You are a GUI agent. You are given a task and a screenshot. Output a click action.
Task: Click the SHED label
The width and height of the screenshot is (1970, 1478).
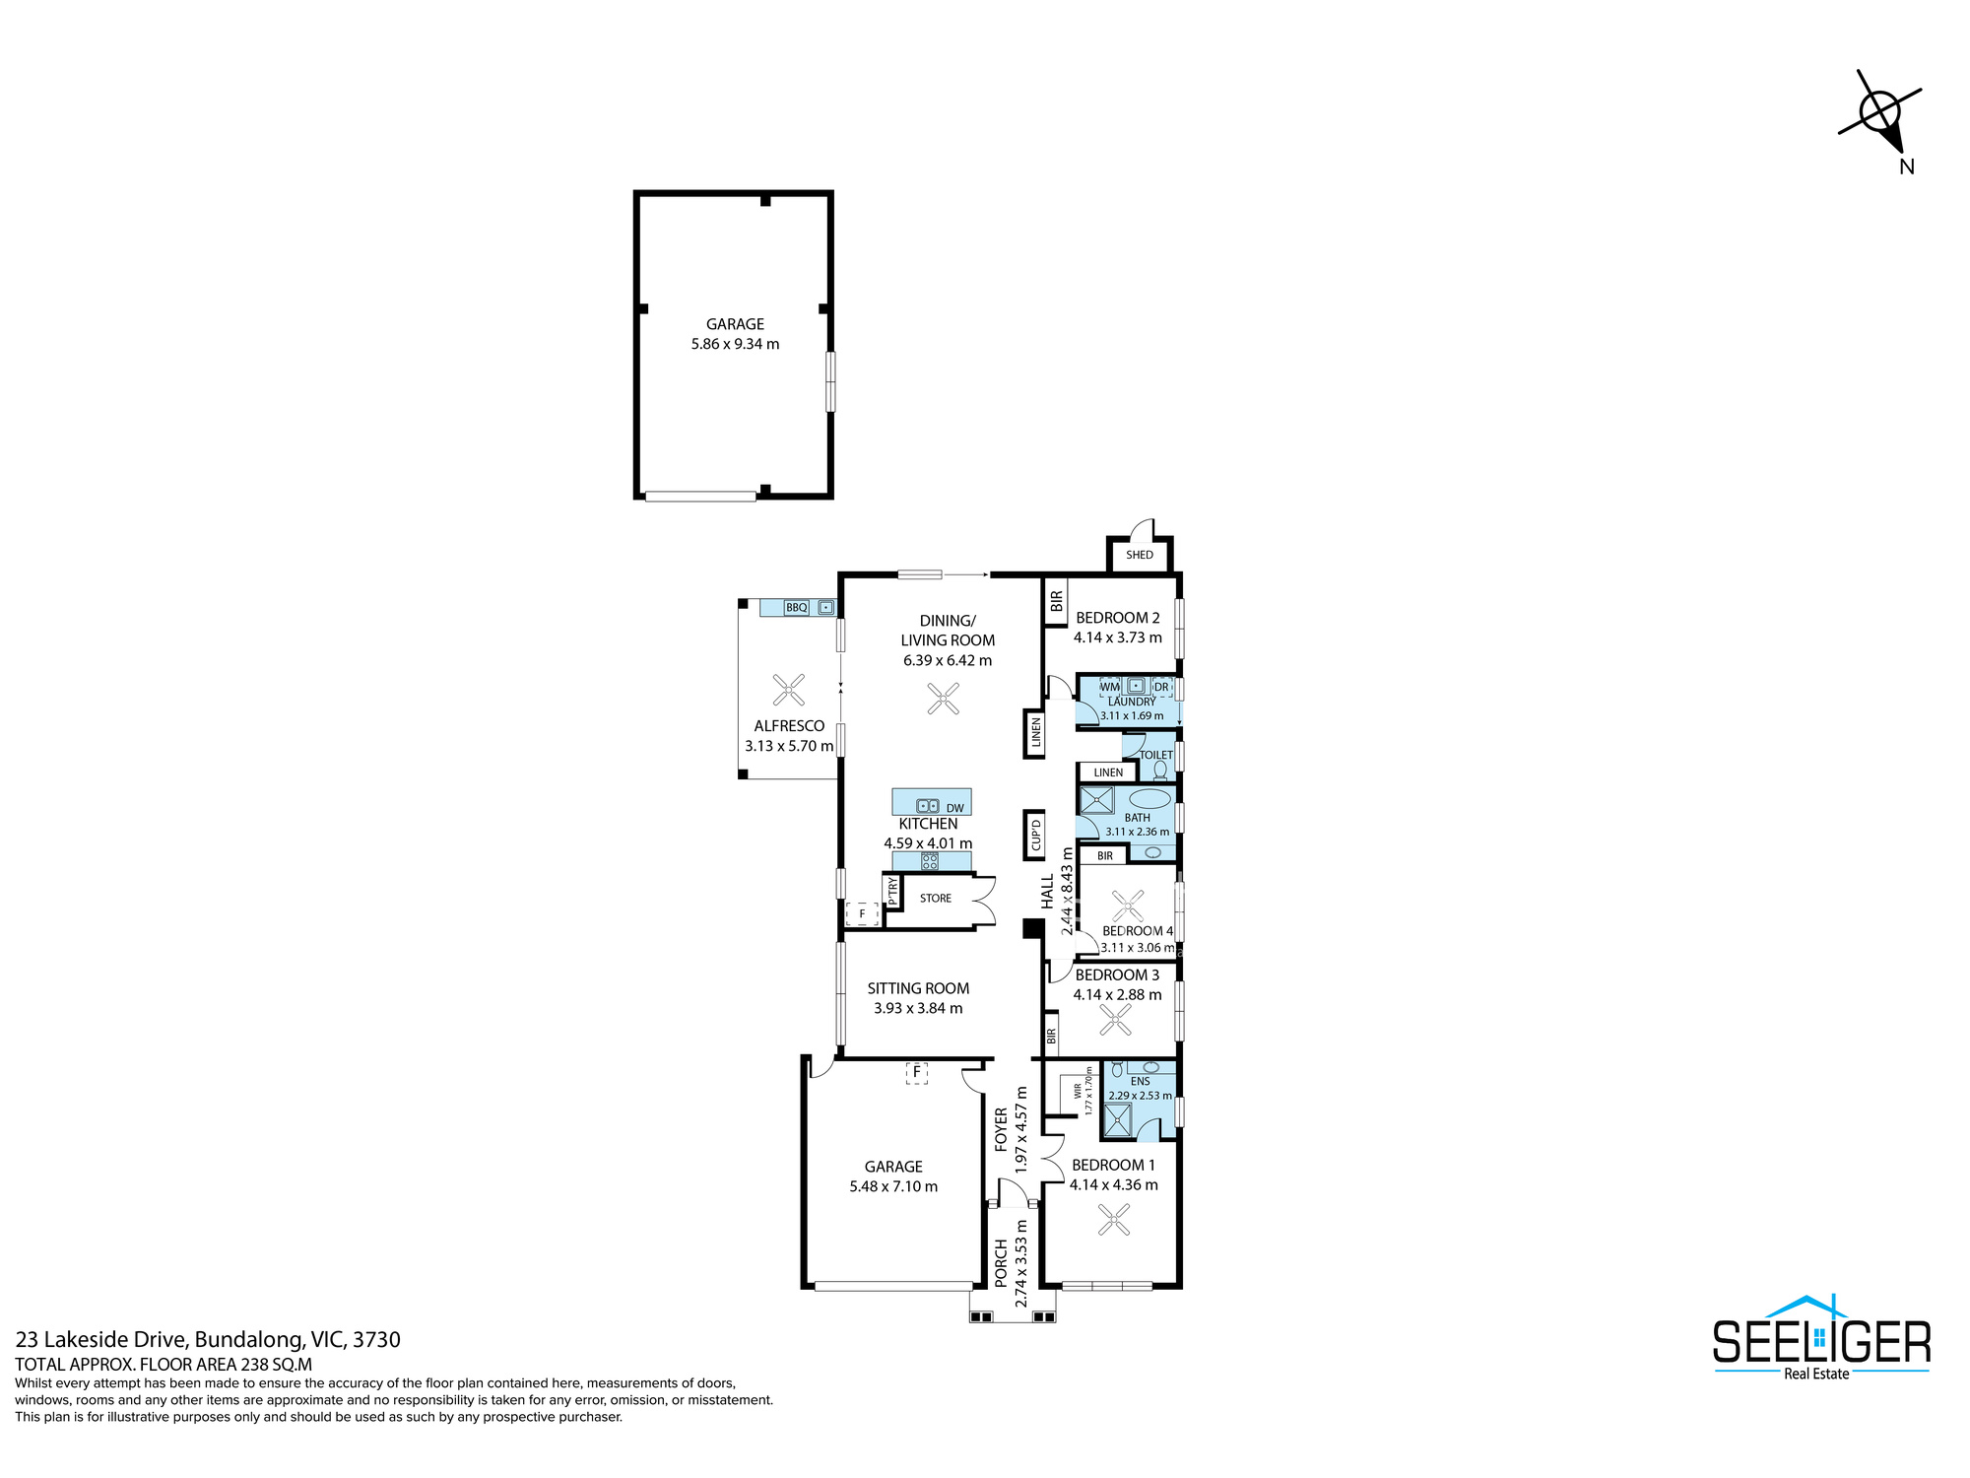1140,555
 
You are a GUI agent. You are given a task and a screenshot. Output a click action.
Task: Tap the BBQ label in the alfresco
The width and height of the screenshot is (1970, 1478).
796,608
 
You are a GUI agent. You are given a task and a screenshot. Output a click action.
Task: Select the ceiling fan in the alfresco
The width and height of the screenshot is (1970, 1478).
789,690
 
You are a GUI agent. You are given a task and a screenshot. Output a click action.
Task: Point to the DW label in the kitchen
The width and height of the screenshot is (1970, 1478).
955,808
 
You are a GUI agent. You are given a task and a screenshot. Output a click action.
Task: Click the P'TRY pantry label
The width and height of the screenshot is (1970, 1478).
893,891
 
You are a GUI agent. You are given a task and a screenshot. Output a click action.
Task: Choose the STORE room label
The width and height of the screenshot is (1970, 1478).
936,899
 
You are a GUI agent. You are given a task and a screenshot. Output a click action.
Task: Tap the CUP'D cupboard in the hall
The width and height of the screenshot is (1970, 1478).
1035,834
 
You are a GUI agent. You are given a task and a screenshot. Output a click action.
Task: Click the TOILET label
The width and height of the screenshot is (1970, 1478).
1156,755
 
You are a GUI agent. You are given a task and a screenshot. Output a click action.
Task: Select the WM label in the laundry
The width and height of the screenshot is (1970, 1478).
1110,687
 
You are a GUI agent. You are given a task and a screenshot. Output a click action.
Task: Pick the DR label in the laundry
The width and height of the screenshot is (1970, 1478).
1161,687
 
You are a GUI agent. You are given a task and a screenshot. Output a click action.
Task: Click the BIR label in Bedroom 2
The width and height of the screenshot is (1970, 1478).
1057,600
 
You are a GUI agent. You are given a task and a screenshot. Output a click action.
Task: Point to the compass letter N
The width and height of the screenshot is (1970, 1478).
1907,167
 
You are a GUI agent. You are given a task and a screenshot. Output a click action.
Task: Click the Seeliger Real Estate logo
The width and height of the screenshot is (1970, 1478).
1821,1337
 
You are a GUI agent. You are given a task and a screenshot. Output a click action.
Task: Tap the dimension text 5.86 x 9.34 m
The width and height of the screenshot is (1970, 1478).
735,344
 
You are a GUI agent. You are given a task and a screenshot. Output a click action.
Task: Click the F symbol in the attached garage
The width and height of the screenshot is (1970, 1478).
917,1072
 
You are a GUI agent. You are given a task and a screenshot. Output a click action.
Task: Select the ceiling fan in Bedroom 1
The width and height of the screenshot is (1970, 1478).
1114,1221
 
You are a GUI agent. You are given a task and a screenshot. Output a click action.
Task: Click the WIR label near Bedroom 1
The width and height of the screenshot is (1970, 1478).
1079,1092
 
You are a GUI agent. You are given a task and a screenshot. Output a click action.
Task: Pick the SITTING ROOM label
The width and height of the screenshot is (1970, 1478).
918,988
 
